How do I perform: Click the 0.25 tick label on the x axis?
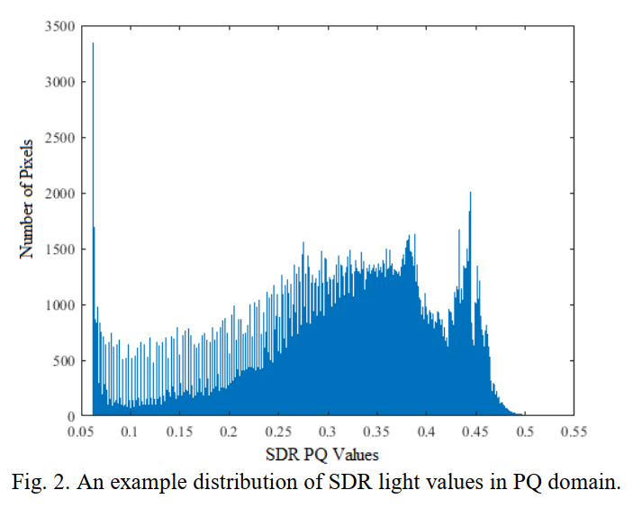click(x=280, y=433)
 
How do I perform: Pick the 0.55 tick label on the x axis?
click(x=573, y=433)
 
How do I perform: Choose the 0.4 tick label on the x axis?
click(x=426, y=433)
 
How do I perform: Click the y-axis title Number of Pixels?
click(x=29, y=198)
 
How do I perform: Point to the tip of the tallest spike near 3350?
click(x=93, y=43)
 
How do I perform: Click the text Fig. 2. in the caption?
click(x=39, y=482)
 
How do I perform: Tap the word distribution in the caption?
click(x=229, y=482)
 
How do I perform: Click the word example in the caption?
click(x=147, y=483)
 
